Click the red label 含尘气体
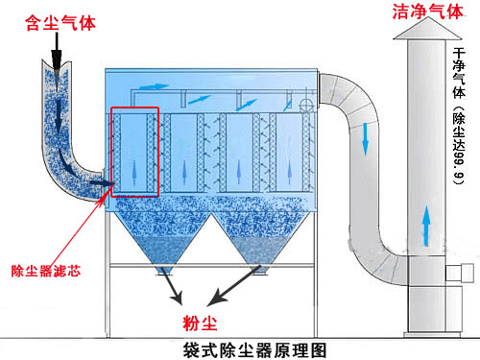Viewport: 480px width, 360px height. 59,20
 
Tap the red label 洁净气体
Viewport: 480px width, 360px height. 423,12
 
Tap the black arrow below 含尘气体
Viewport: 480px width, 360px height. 59,54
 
